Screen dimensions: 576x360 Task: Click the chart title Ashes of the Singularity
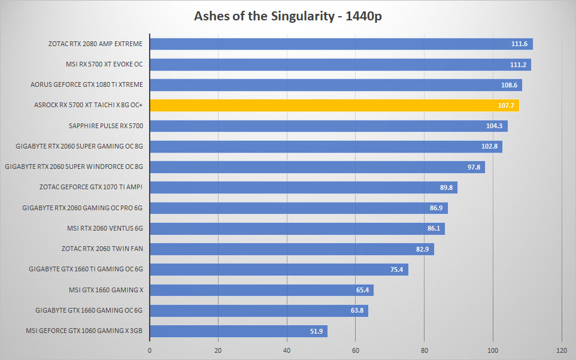point(264,16)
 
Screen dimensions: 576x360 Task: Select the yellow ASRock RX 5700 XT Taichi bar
point(335,105)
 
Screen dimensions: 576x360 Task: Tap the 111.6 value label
point(519,44)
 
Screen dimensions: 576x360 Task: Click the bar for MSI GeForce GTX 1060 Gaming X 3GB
point(239,331)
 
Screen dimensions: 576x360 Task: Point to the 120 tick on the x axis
point(562,350)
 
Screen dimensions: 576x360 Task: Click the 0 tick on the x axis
point(150,350)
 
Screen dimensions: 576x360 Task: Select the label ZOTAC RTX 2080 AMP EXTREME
point(96,44)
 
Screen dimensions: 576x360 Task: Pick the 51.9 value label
point(316,331)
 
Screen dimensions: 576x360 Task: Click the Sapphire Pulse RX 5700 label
point(106,126)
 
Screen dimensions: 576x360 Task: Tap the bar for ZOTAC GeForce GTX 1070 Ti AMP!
point(304,187)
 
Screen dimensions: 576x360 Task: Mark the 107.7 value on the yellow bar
point(506,105)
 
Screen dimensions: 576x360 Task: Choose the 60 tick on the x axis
point(356,350)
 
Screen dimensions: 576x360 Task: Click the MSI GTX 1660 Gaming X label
point(106,290)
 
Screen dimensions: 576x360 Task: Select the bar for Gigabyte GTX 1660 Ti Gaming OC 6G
point(279,270)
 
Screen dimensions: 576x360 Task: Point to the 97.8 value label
point(474,167)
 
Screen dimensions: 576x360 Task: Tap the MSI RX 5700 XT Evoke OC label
point(104,64)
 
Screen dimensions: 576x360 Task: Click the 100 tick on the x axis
point(493,350)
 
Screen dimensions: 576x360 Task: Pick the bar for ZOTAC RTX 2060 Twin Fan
point(292,249)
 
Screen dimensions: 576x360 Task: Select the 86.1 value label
point(433,228)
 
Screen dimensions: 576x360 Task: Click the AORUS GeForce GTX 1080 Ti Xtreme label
point(87,84)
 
